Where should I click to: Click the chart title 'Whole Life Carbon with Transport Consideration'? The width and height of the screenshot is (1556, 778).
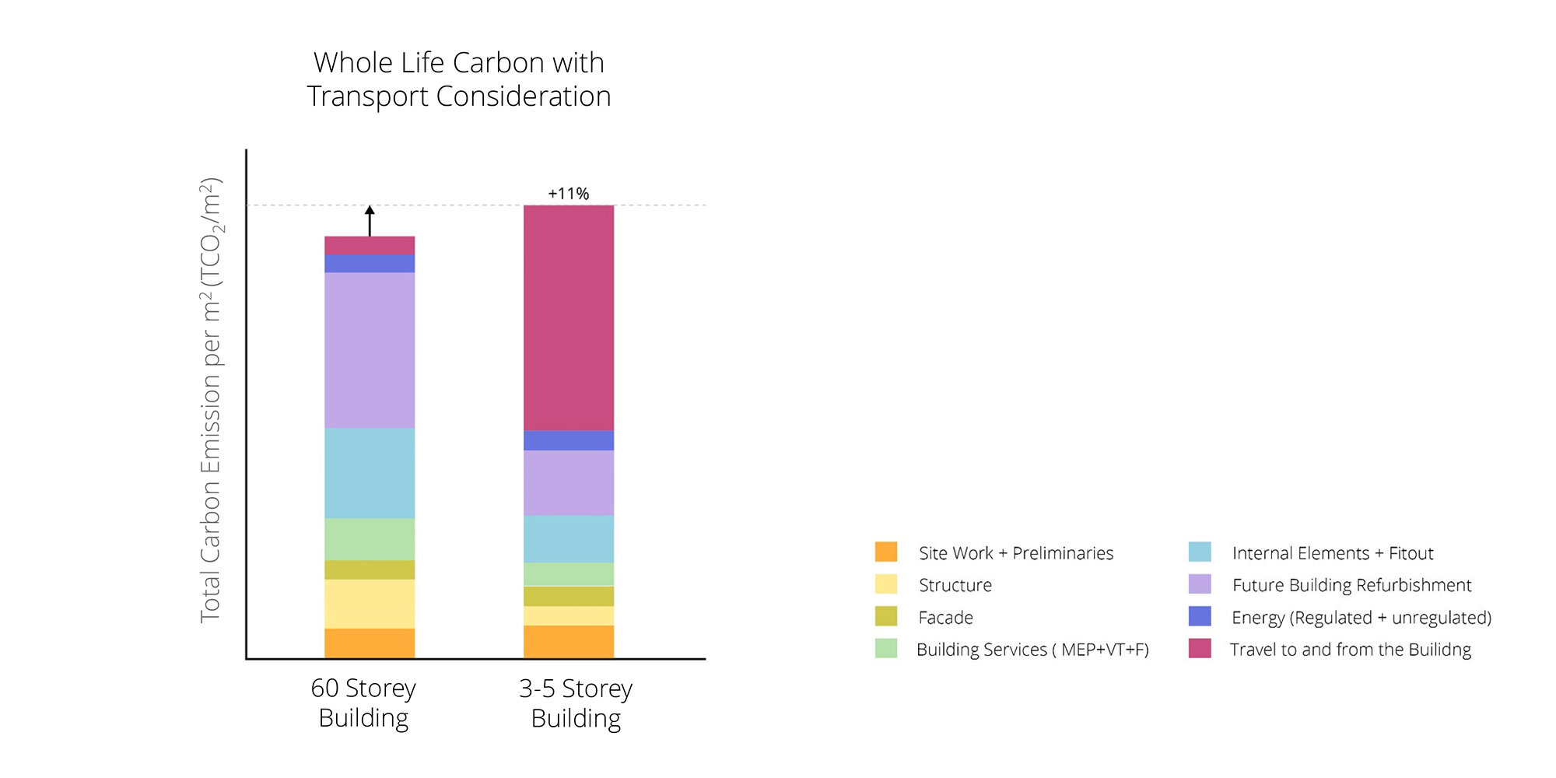coord(459,79)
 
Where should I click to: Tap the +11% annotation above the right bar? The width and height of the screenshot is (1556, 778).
coord(569,194)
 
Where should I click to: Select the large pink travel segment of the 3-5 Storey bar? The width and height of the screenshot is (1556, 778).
coord(569,317)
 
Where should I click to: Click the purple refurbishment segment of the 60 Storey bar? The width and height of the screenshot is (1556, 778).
coord(370,350)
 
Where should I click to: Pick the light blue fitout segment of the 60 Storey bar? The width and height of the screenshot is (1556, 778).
coord(370,473)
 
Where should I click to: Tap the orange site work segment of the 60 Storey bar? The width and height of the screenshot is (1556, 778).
coord(370,643)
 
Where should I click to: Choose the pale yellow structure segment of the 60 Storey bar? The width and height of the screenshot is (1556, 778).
coord(370,604)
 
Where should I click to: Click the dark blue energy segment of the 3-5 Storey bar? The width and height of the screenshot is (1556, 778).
coord(569,440)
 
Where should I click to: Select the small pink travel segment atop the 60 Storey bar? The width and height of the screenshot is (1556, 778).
coord(370,245)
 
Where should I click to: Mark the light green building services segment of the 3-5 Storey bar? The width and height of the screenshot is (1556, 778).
coord(569,574)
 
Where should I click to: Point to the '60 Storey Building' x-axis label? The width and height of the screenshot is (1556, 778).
coord(363,703)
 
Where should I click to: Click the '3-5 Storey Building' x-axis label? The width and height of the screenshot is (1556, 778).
coord(576,703)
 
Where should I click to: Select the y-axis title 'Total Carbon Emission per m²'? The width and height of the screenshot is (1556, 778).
coord(211,401)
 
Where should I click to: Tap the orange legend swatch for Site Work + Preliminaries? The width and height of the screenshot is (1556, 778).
coord(886,552)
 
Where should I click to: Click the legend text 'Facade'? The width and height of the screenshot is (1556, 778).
coord(945,618)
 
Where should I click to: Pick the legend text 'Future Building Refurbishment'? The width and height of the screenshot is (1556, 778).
coord(1351,585)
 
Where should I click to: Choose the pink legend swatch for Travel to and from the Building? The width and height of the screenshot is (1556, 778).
coord(1200,649)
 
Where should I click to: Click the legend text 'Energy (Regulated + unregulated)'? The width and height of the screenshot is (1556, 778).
coord(1361,618)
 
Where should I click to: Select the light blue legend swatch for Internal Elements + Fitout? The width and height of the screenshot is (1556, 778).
coord(1200,552)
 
